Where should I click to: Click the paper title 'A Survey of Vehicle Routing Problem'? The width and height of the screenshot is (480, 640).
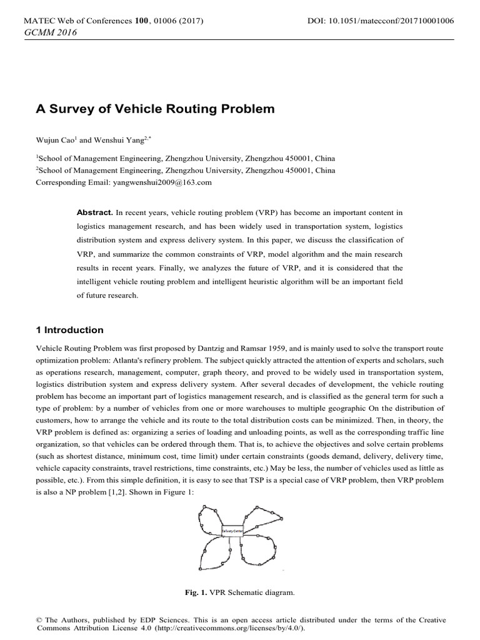[x=155, y=109]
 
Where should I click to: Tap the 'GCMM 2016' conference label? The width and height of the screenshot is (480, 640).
[x=49, y=32]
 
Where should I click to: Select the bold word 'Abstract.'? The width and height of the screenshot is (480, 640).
[x=95, y=213]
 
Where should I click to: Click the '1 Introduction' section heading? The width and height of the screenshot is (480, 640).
[x=70, y=330]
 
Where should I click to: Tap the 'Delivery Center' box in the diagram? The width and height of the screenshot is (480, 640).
[x=232, y=530]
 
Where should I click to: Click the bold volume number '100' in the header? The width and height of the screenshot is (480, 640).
[x=142, y=21]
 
